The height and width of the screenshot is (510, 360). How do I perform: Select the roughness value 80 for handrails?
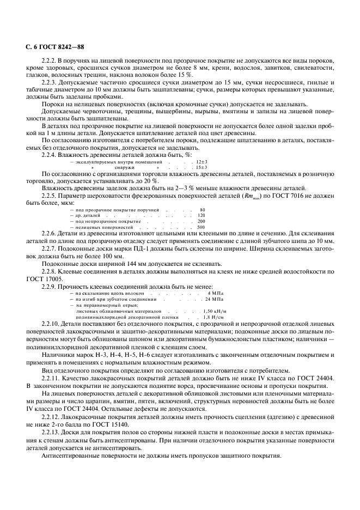coord(202,209)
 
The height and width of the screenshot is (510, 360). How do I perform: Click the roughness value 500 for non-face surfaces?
coord(201,227)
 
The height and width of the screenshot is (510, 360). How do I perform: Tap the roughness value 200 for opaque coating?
coord(201,221)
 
